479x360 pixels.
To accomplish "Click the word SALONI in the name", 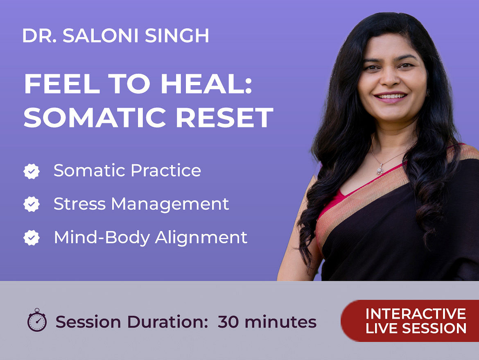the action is tap(102, 36).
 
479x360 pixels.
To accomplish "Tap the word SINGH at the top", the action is tap(177, 36).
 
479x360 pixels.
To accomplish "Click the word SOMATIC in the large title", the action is tap(95, 117).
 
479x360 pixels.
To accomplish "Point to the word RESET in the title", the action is tap(224, 117).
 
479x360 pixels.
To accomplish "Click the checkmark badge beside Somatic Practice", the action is tap(32, 172).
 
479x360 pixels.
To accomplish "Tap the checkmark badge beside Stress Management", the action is tap(32, 204).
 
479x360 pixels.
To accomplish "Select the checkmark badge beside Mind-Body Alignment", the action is tap(32, 238).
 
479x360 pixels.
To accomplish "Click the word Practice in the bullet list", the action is tap(166, 170).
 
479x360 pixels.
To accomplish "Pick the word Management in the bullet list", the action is tap(170, 204).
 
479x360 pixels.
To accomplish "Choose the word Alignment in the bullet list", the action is tap(201, 238).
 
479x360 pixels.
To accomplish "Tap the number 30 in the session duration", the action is tap(228, 322).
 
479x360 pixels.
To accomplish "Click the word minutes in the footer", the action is tap(280, 322).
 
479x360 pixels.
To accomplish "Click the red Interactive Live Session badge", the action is tap(410, 321).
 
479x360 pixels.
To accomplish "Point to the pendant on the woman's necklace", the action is tap(380, 169).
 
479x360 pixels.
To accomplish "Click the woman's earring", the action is tap(428, 92).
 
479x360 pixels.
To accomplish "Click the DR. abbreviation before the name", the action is tap(39, 36).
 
